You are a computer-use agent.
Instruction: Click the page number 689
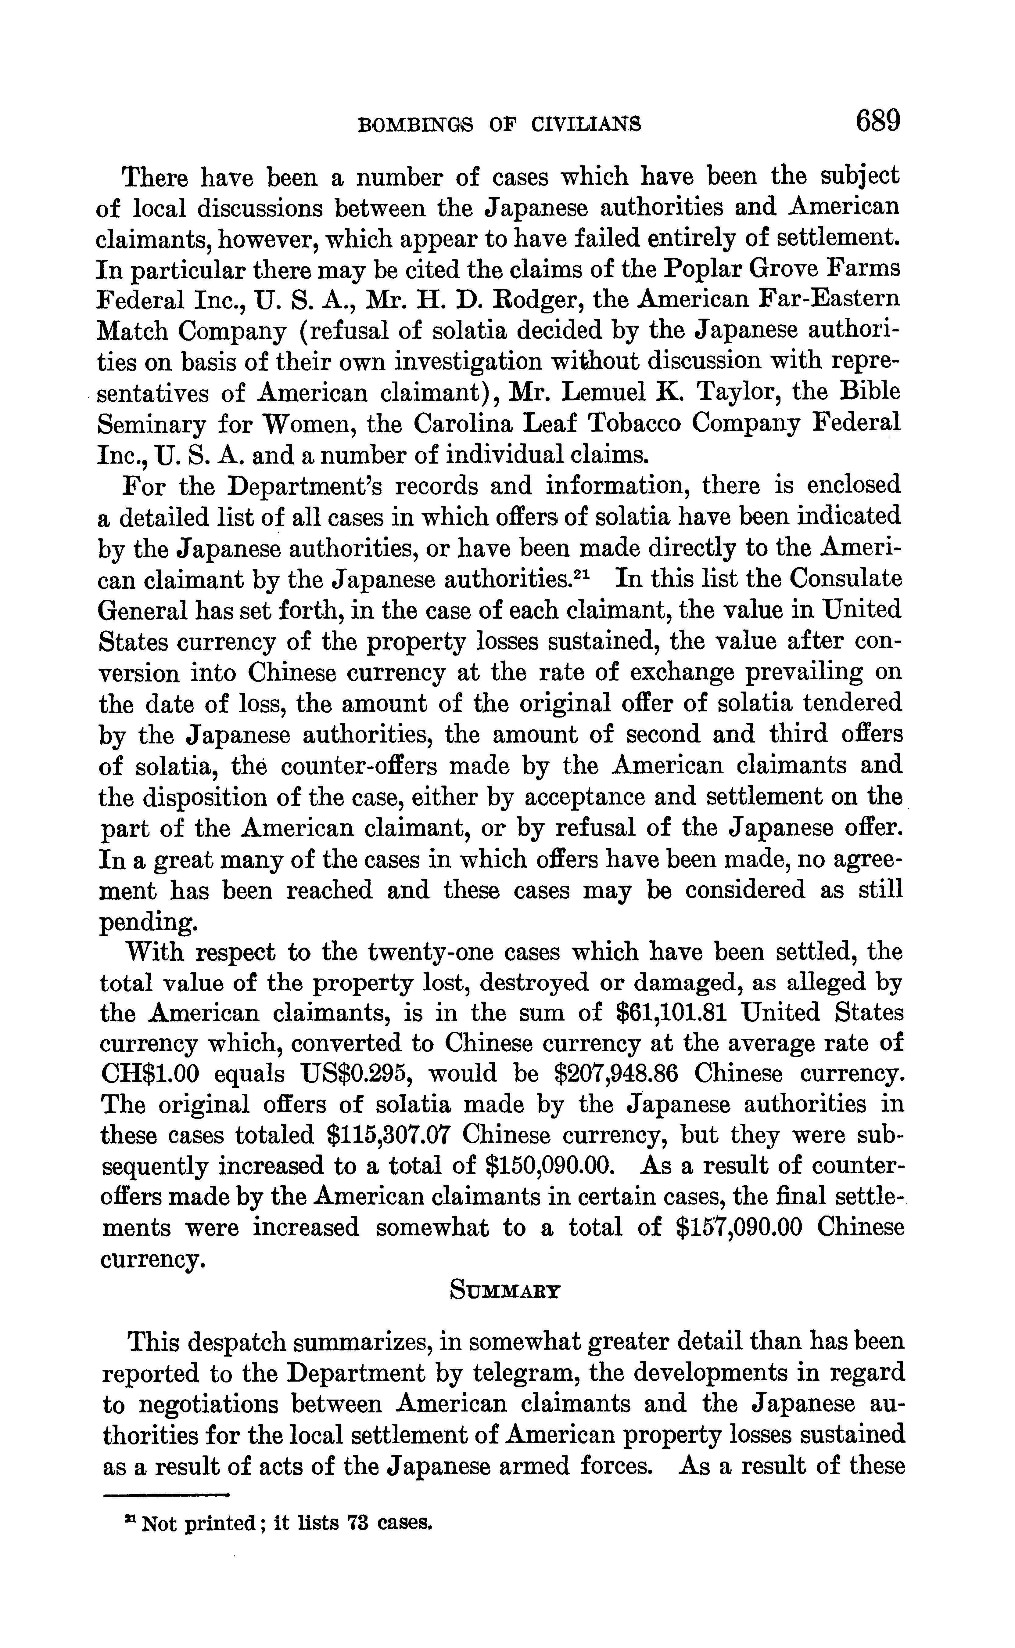click(x=877, y=122)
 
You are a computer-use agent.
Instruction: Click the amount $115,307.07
click(x=387, y=1135)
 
